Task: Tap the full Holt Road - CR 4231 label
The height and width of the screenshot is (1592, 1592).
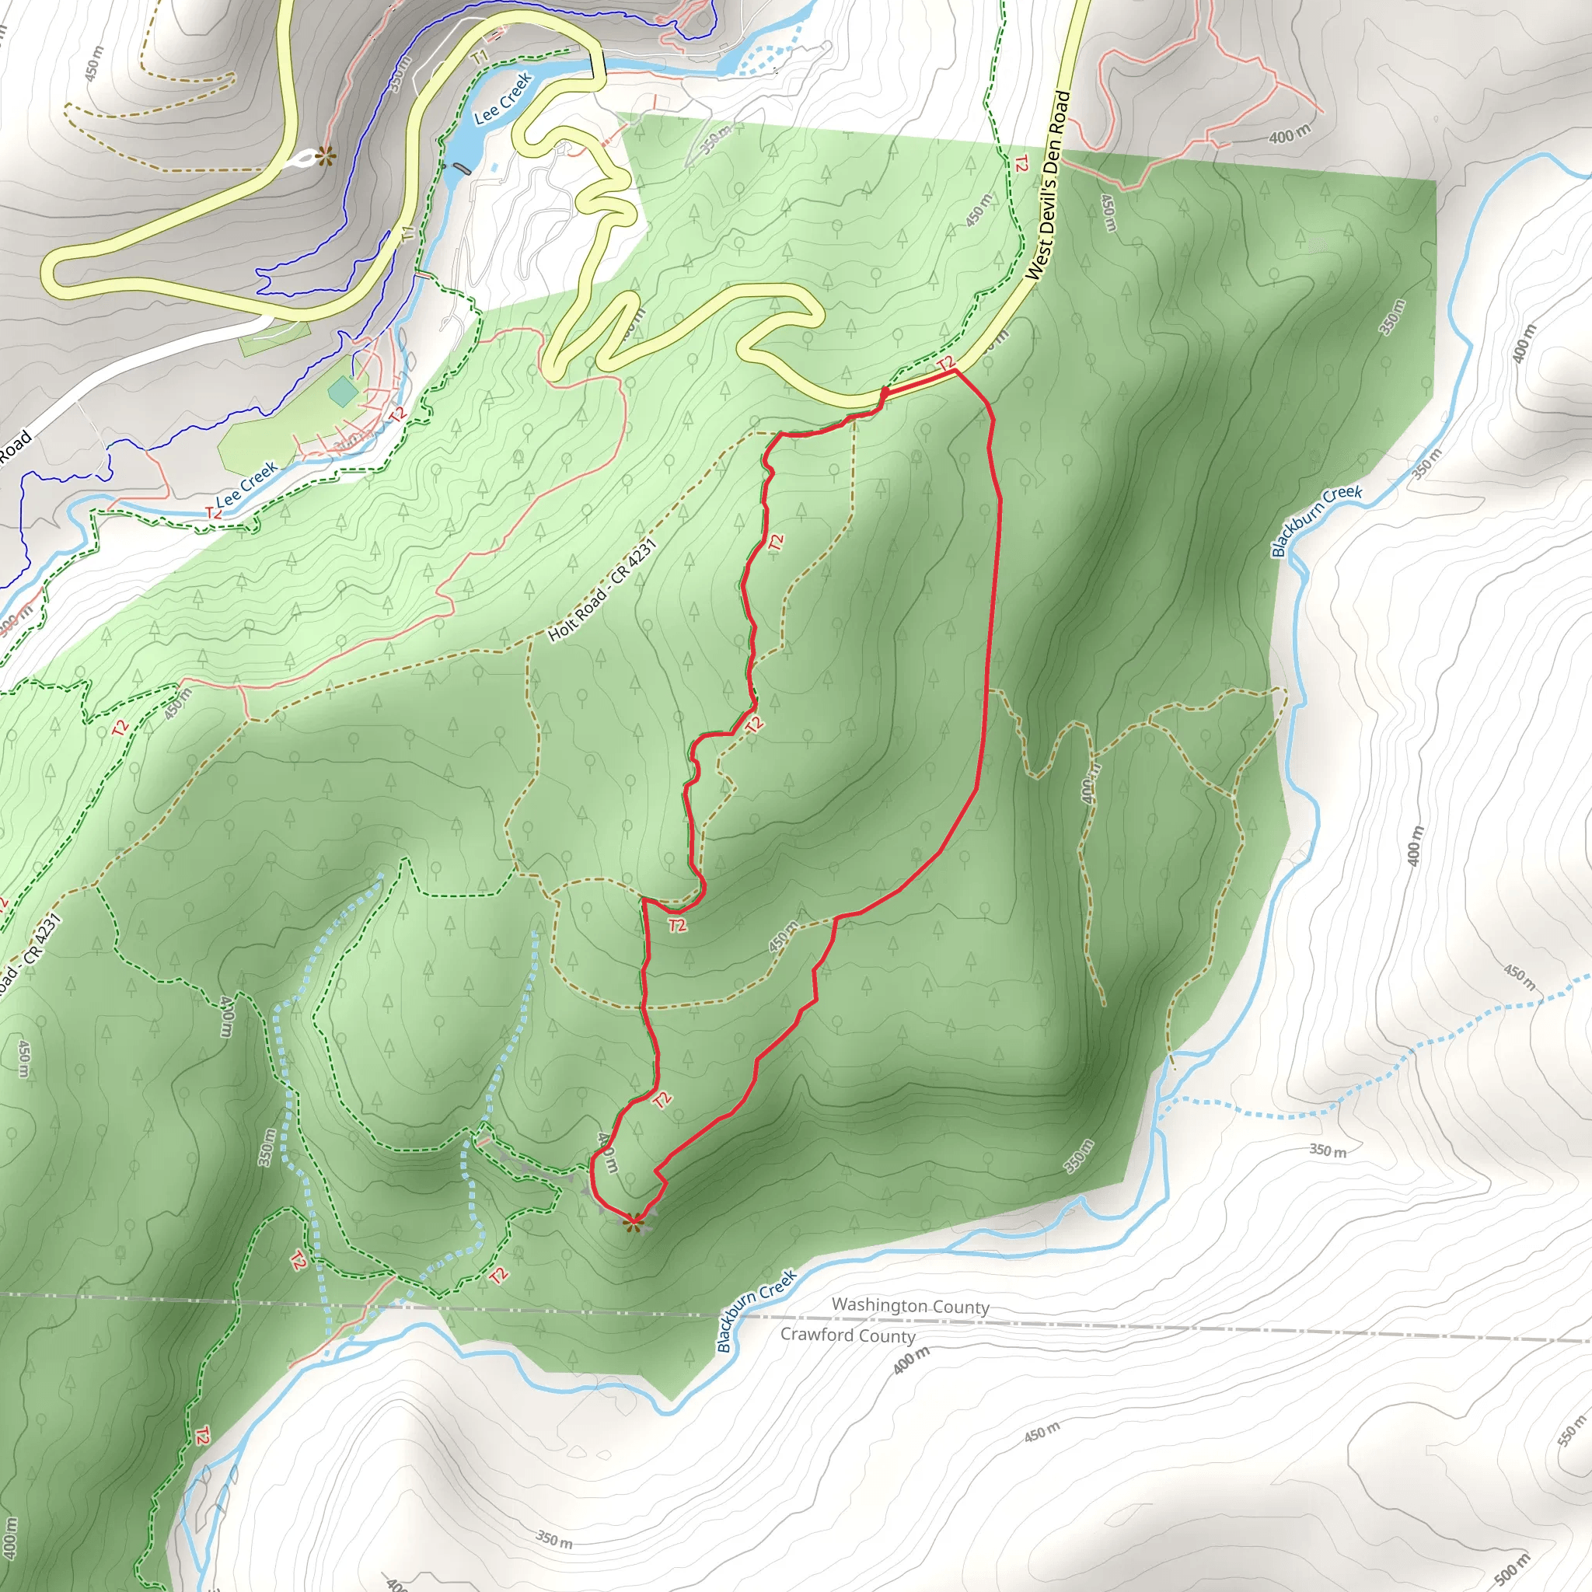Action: (x=602, y=590)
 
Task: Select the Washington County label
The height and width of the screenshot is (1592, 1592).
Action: (x=909, y=1306)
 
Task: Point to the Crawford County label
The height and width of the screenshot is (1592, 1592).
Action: (x=848, y=1335)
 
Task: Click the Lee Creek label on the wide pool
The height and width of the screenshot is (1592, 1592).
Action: (x=502, y=99)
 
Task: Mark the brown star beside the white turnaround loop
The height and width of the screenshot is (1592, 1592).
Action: (x=326, y=153)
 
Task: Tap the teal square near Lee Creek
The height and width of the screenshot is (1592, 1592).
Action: (x=342, y=392)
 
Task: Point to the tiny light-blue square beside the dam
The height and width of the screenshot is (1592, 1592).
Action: (x=494, y=167)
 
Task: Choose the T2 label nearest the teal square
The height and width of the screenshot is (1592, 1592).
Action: (x=397, y=414)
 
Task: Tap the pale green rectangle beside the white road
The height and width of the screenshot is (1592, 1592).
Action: (x=274, y=338)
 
